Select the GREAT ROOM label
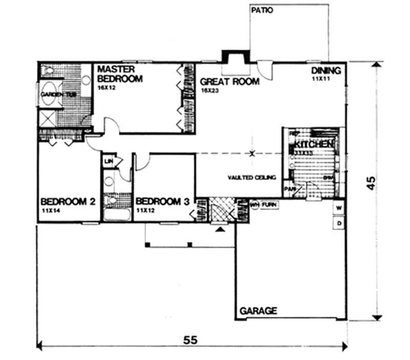(x=230, y=81)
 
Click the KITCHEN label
(x=314, y=145)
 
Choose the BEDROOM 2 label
(x=68, y=202)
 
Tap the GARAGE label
(x=259, y=311)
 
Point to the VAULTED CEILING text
(x=252, y=177)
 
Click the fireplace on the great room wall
(x=234, y=57)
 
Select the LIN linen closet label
(x=108, y=162)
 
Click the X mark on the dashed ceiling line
(x=252, y=153)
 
